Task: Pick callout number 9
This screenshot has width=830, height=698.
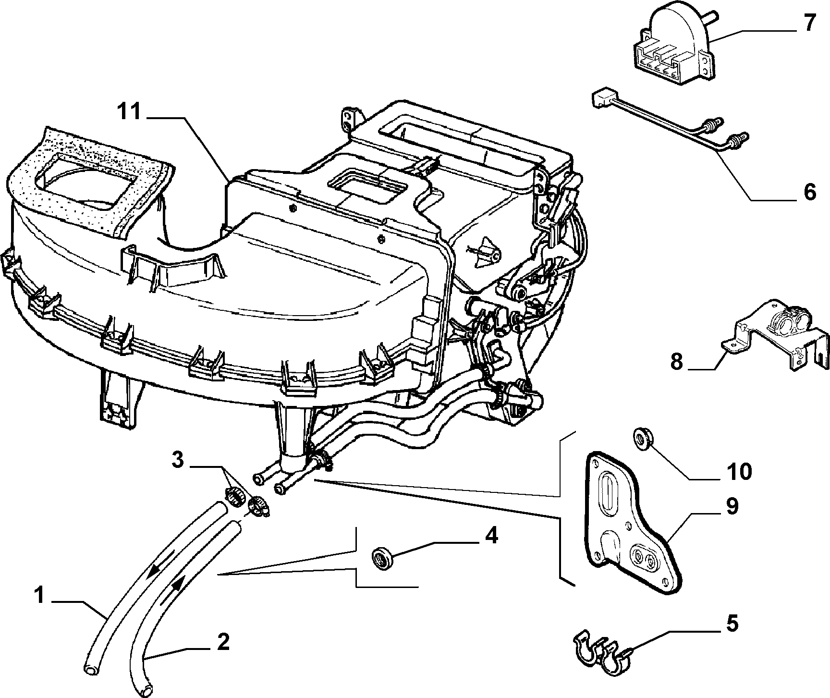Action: point(732,507)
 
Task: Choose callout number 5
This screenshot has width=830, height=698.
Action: point(732,624)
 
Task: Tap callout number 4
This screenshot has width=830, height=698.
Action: point(490,535)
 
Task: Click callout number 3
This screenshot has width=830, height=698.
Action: point(178,460)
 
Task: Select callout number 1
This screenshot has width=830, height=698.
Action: point(40,596)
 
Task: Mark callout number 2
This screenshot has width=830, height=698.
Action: point(222,642)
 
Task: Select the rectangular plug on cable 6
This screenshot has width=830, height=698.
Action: point(602,98)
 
